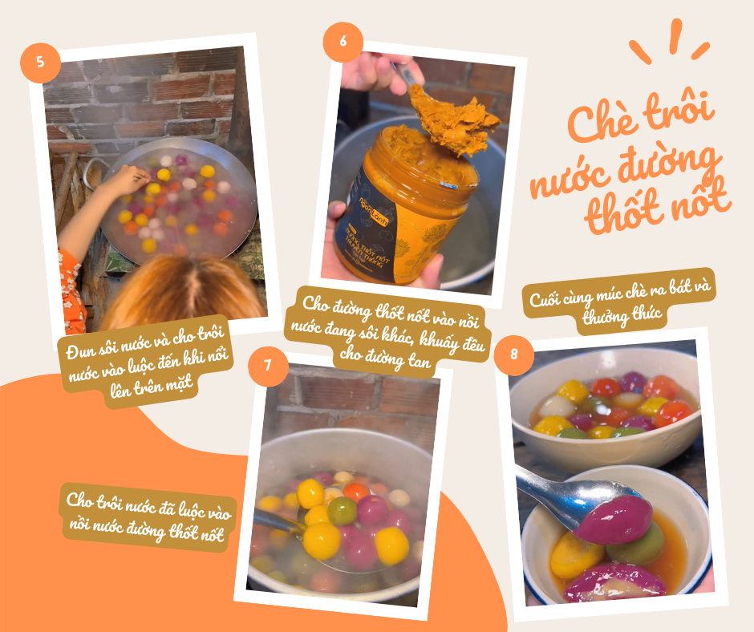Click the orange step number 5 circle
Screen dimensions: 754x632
point(40,62)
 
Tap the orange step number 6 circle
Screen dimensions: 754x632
point(343,42)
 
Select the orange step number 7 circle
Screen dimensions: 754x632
point(268,366)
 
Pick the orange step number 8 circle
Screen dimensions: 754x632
point(514,355)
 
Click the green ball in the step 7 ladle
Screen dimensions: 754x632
point(343,511)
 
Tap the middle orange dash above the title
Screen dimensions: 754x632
point(675,36)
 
